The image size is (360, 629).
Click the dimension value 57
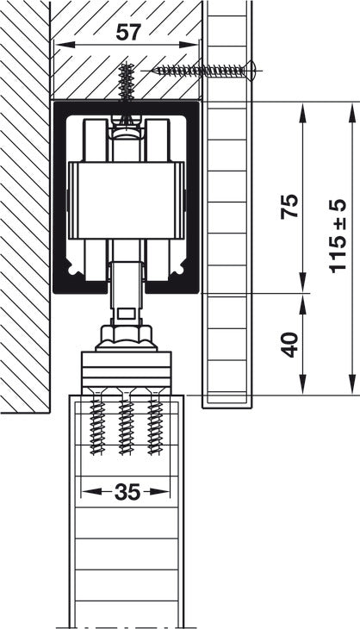point(128,33)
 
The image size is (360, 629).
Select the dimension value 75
point(290,206)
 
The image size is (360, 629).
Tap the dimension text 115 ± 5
point(337,237)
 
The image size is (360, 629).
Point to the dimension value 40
point(290,345)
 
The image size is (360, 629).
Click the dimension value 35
point(127,492)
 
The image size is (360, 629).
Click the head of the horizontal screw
point(251,71)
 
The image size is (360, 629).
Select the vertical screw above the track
point(127,82)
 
